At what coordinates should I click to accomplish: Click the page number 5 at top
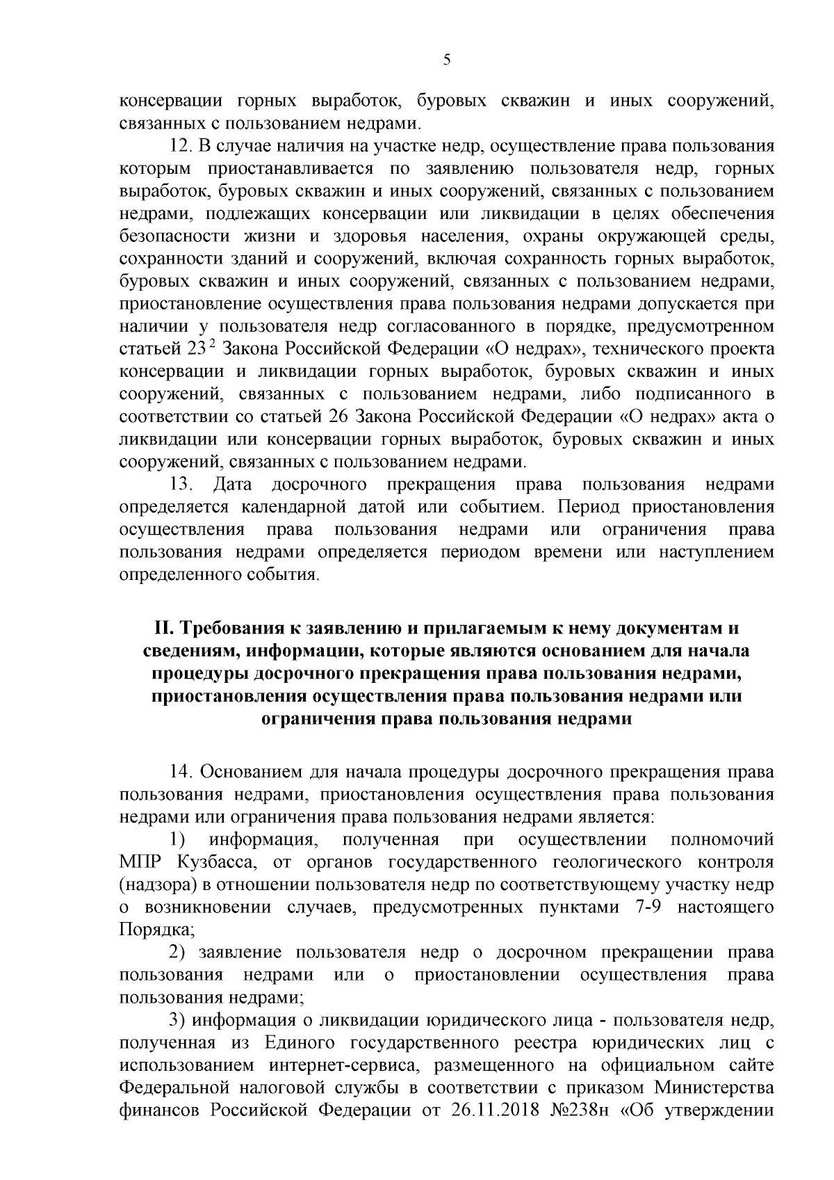pyautogui.click(x=447, y=60)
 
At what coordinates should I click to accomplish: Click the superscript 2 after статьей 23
pyautogui.click(x=211, y=344)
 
